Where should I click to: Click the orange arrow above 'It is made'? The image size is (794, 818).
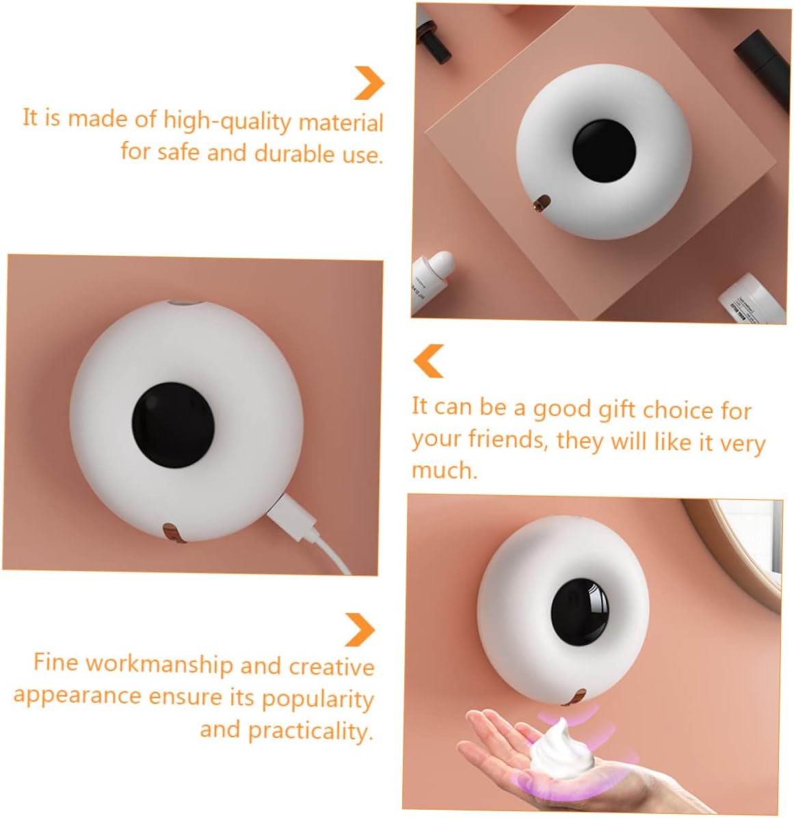[x=369, y=83]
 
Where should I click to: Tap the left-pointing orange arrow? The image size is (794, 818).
[x=429, y=360]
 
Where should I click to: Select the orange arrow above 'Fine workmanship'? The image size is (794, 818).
[x=360, y=629]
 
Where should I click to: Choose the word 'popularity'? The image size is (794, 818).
[x=318, y=698]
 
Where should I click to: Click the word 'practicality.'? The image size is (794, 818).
[x=310, y=730]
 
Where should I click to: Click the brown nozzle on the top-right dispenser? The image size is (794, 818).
[x=542, y=202]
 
